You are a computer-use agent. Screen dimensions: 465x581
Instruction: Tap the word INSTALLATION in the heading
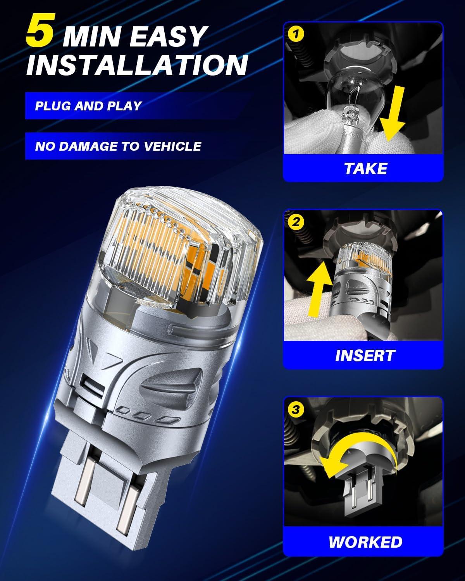click(x=137, y=65)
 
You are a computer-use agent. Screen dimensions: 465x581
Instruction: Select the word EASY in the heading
click(x=167, y=36)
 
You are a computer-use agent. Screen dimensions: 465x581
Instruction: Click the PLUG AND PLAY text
click(x=88, y=106)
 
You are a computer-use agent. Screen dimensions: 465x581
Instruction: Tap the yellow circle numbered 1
click(x=296, y=34)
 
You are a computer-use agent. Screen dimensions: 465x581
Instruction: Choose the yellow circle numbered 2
click(x=296, y=222)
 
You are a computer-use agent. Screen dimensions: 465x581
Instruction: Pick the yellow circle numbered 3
click(x=296, y=409)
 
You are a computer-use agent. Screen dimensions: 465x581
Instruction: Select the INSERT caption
click(x=365, y=355)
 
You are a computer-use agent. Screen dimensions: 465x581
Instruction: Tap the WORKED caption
click(x=365, y=542)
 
